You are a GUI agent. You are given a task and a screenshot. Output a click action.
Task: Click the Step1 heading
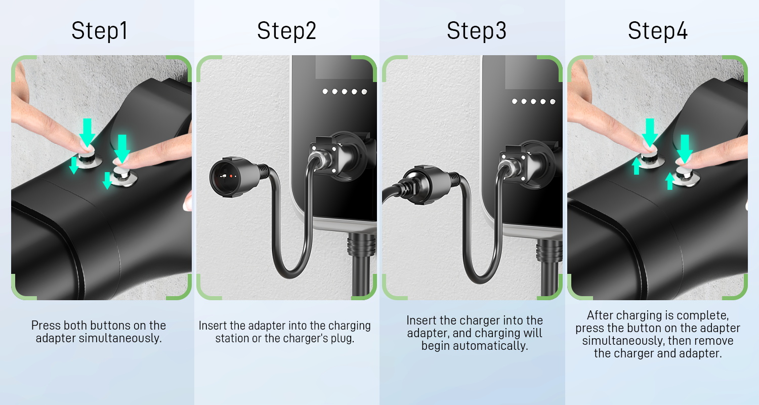point(99,31)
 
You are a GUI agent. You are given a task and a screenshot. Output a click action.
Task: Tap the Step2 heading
point(287,31)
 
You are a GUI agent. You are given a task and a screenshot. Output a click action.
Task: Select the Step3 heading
point(477,31)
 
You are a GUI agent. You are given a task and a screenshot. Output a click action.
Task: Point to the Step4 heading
point(658,31)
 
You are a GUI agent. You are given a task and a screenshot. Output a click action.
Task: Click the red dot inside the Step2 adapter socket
point(231,176)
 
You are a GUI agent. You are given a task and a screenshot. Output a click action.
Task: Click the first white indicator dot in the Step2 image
point(325,92)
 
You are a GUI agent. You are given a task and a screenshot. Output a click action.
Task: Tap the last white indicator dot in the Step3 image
point(553,101)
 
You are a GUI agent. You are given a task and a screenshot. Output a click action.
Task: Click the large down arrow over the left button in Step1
point(88,132)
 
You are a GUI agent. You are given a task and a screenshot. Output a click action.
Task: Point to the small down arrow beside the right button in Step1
point(107,180)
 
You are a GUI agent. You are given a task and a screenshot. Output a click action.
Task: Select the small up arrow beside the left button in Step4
point(637,167)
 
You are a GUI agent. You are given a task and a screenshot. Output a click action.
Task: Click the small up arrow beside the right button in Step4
point(669,181)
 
